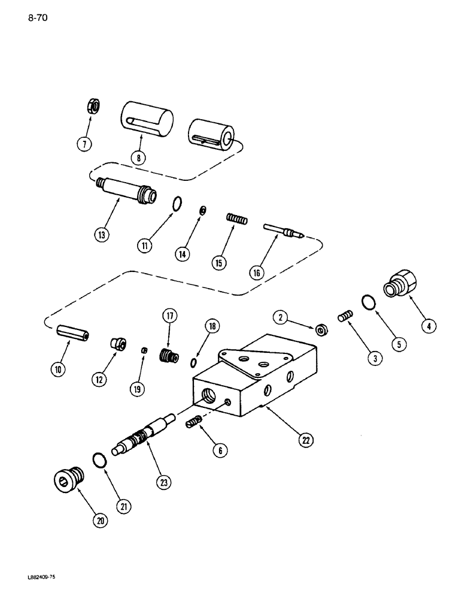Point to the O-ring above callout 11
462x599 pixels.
coord(175,205)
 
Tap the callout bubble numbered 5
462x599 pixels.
coord(398,343)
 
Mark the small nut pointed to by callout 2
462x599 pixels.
coord(321,329)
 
